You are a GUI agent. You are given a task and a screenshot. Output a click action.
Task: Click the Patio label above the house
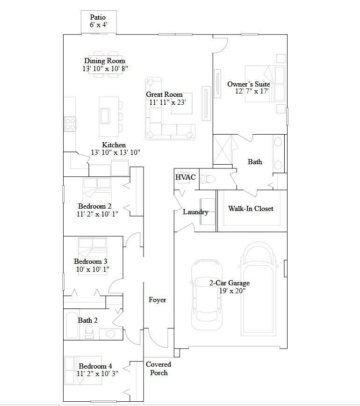click(x=98, y=17)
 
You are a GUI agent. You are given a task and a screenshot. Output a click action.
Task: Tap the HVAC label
click(x=186, y=177)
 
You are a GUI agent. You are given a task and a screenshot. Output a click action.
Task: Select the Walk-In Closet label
click(x=251, y=209)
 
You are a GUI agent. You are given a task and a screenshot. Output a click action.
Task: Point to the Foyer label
click(x=157, y=300)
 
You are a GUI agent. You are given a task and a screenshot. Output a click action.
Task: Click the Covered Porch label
click(x=158, y=369)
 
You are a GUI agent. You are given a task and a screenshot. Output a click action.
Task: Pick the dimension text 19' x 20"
click(x=232, y=291)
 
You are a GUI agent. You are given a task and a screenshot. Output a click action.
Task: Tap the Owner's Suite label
click(x=249, y=84)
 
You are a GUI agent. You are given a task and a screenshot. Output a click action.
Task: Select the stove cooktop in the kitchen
click(x=70, y=124)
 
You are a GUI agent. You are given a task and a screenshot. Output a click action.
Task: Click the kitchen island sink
click(x=105, y=116)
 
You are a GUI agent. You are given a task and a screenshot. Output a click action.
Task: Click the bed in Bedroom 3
click(x=92, y=249)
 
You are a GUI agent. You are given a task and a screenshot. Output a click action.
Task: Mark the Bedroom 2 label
click(x=95, y=206)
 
